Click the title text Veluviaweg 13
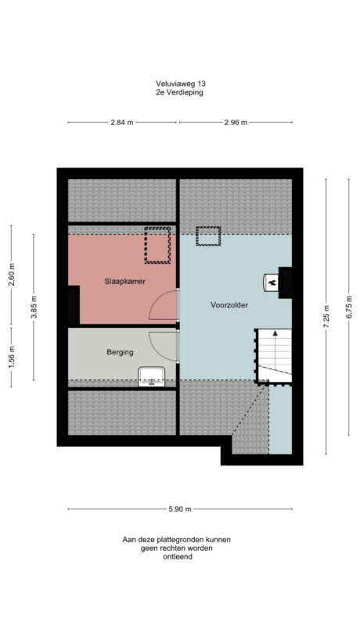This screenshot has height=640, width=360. coord(180,83)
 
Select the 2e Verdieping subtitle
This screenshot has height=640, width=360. coord(180,92)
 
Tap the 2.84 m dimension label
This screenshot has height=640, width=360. coord(122,123)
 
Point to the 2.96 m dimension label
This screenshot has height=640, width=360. coord(235,123)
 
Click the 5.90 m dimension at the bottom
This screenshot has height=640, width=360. coord(179,509)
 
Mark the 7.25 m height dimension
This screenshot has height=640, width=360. coord(327,318)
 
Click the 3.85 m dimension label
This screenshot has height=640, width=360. coord(34,305)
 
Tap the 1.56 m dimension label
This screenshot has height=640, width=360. coord(11,357)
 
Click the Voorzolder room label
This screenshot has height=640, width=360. coord(229,305)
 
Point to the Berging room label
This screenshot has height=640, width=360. coord(120,352)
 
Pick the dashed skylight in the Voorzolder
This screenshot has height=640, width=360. coord(208,236)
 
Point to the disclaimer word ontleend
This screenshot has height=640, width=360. coord(176,558)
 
